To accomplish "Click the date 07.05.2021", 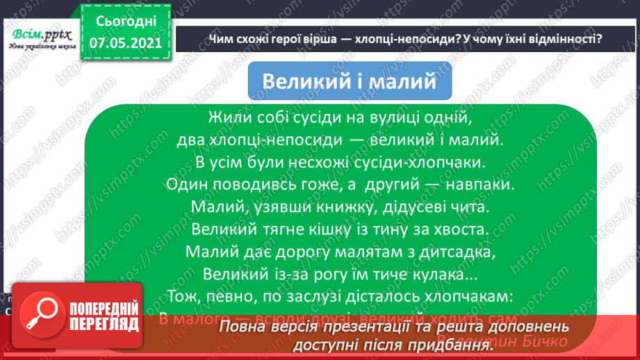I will point(125,42).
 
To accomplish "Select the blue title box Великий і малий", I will point(350,81).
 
